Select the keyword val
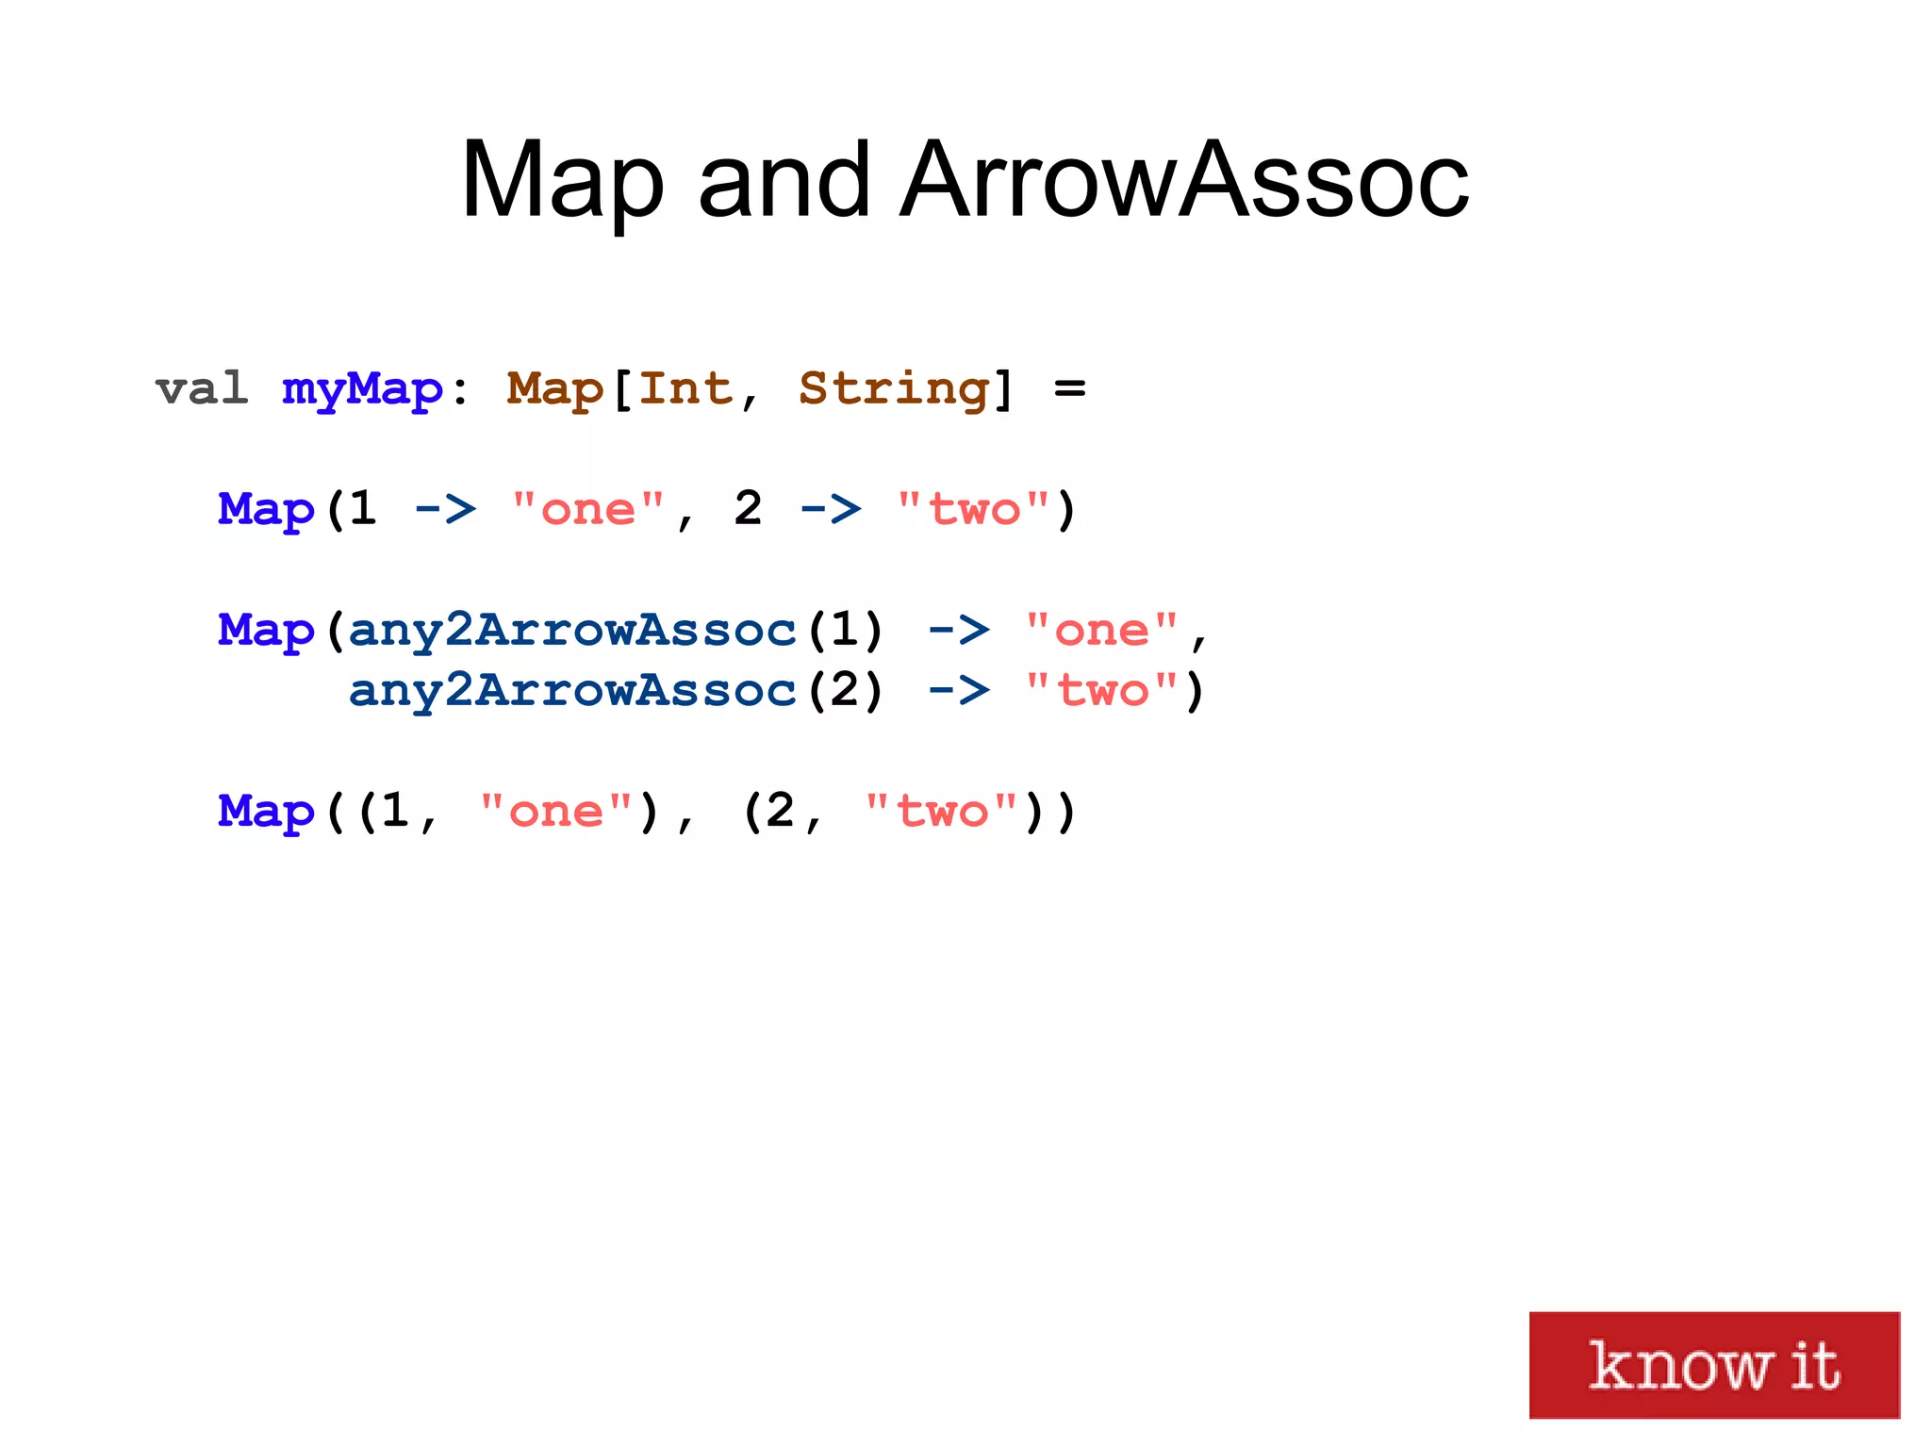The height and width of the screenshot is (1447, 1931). [x=202, y=388]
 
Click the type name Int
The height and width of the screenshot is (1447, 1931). [x=685, y=388]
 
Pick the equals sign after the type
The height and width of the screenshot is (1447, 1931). [x=1070, y=388]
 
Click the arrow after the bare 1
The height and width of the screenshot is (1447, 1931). [x=446, y=510]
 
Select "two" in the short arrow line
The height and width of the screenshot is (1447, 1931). [x=974, y=510]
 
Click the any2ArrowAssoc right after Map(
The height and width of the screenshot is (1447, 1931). [x=572, y=630]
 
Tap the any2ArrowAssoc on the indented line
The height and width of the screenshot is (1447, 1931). [x=572, y=690]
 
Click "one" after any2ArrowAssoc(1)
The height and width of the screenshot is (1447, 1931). [x=1101, y=630]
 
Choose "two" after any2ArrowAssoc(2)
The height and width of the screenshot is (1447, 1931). [x=1101, y=690]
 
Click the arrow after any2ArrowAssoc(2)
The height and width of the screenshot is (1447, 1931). [x=959, y=691]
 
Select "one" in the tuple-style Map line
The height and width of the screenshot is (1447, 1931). [x=555, y=811]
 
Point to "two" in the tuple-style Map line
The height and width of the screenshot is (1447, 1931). [x=941, y=811]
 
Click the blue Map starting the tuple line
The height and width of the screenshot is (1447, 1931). [x=266, y=812]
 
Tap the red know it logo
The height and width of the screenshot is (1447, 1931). [x=1713, y=1364]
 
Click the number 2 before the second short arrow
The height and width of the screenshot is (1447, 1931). [x=748, y=509]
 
